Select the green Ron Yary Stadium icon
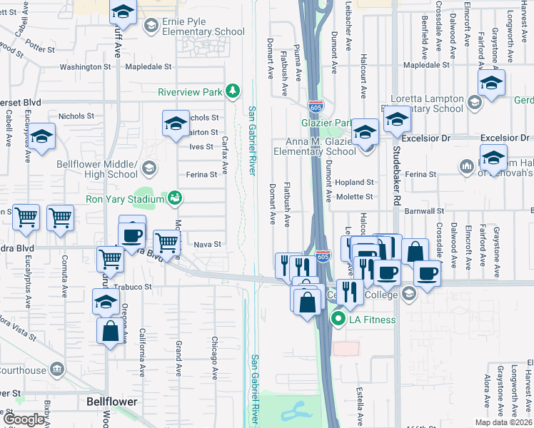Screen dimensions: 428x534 click(x=173, y=198)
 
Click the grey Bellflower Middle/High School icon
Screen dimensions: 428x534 click(x=149, y=168)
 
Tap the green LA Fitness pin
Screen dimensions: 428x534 click(x=338, y=320)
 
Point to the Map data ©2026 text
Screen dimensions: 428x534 click(x=503, y=422)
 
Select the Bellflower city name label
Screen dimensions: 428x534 click(x=111, y=402)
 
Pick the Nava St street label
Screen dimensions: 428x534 click(x=203, y=244)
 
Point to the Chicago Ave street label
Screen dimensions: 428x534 click(x=213, y=357)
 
